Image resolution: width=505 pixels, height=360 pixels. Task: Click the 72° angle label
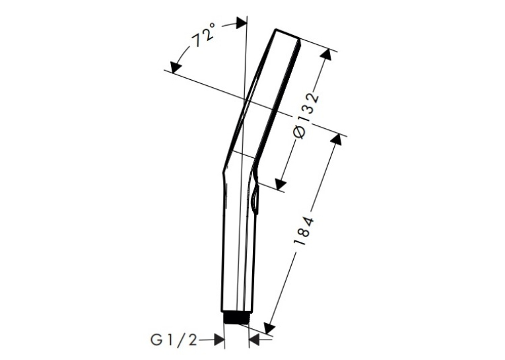203,35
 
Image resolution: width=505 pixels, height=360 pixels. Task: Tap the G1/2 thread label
174,340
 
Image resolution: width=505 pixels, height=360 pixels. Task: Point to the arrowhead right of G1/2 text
219,340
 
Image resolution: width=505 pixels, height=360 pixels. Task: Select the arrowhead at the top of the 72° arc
241,22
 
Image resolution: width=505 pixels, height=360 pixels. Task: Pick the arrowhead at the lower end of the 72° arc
176,67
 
